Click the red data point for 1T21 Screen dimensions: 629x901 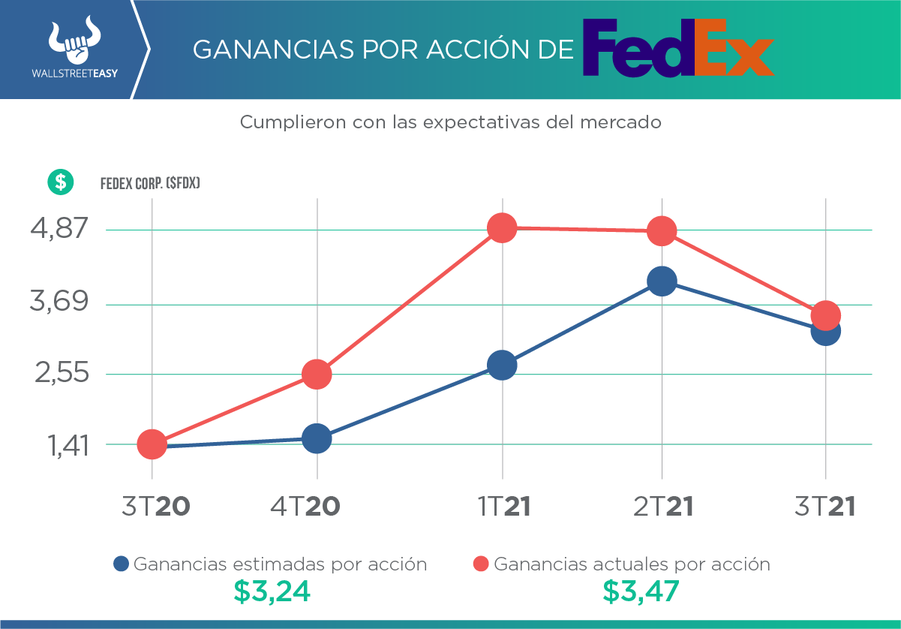click(502, 227)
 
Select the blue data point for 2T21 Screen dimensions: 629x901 click(661, 281)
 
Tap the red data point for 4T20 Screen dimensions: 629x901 click(317, 375)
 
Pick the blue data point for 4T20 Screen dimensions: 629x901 click(317, 438)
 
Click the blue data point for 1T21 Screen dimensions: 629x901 click(502, 366)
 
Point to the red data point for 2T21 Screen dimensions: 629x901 click(661, 231)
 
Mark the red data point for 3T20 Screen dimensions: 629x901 click(152, 444)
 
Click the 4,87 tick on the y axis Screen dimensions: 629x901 click(59, 228)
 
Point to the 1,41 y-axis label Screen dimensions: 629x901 click(69, 446)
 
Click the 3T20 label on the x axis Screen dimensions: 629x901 click(155, 507)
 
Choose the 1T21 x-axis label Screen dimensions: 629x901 click(505, 507)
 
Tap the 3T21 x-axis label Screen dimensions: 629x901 click(825, 507)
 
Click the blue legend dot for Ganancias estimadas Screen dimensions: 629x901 click(121, 564)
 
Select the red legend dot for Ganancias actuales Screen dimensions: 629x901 click(481, 564)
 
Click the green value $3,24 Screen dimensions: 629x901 click(272, 591)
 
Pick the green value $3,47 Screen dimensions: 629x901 click(641, 591)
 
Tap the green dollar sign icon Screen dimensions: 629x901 click(60, 182)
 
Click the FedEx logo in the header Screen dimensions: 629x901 click(678, 48)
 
